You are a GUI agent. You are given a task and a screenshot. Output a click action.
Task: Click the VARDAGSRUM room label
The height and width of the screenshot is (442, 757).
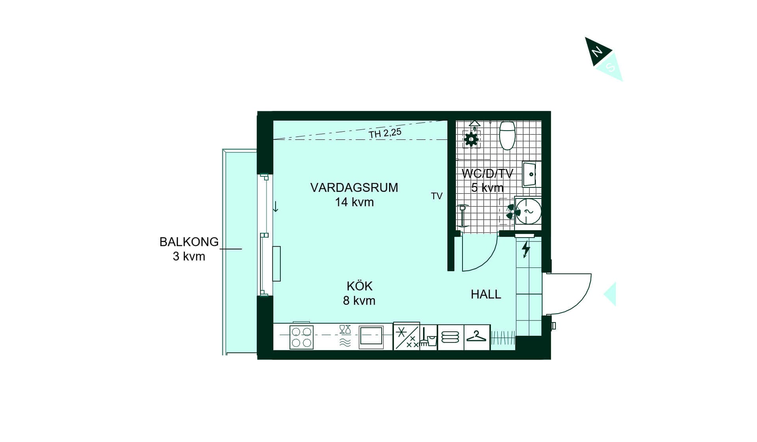[354, 187]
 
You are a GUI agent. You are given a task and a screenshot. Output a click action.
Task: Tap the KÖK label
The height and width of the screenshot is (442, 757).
[360, 286]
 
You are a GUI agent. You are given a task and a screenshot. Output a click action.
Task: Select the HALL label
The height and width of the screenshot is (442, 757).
[486, 294]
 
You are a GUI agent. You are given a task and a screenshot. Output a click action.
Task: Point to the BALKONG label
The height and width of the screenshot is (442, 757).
[189, 242]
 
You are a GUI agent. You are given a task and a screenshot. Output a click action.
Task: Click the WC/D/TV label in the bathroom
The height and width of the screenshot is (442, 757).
[487, 173]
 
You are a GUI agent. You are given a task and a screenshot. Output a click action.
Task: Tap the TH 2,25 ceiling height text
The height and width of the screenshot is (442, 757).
[385, 133]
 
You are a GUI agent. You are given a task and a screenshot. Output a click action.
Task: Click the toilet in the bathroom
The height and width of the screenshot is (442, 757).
[507, 135]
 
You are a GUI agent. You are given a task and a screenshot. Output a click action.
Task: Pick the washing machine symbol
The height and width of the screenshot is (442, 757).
[528, 212]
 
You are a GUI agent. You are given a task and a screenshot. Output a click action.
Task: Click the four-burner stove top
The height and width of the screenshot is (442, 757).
[302, 337]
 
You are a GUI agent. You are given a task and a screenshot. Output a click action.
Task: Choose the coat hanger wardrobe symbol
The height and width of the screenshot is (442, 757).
[476, 337]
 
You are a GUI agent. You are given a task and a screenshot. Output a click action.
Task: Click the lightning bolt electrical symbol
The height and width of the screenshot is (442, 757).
[526, 249]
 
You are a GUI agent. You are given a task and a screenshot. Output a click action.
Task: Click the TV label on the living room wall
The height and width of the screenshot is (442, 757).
[436, 196]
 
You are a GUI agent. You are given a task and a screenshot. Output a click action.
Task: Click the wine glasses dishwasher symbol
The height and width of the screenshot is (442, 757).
[345, 330]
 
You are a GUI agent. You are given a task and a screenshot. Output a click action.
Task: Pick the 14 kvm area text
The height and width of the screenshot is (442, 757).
[354, 202]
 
